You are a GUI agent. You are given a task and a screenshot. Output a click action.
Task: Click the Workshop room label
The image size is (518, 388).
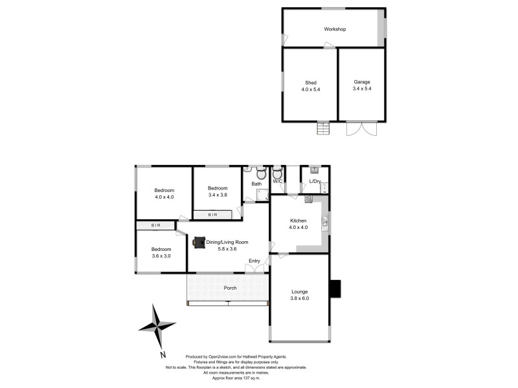tap(335, 29)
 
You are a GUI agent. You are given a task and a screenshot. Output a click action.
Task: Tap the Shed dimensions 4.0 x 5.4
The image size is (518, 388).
tap(310, 90)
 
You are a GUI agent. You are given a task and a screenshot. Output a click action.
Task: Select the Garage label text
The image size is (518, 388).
tap(362, 82)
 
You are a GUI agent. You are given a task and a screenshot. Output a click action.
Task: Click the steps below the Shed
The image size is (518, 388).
tap(322, 128)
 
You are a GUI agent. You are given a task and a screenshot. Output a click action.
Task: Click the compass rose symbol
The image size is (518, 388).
tap(157, 327)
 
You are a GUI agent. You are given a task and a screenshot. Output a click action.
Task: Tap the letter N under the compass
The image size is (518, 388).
tap(163, 354)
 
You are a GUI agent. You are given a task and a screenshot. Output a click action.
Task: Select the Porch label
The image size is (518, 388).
tap(230, 288)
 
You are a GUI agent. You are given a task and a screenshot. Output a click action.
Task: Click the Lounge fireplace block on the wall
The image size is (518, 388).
tap(335, 289)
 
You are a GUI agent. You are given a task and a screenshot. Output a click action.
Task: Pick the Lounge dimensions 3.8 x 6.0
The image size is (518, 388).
tap(300, 299)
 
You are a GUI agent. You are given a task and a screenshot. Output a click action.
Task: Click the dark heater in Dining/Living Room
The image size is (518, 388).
tap(199, 242)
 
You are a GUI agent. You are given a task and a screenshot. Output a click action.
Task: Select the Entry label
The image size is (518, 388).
tap(254, 261)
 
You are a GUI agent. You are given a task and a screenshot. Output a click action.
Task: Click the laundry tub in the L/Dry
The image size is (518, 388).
tap(314, 171)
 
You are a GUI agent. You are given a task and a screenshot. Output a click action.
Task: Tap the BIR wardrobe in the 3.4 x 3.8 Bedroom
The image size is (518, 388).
tap(213, 214)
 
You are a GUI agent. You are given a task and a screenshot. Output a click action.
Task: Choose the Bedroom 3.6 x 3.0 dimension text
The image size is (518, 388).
tap(161, 256)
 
